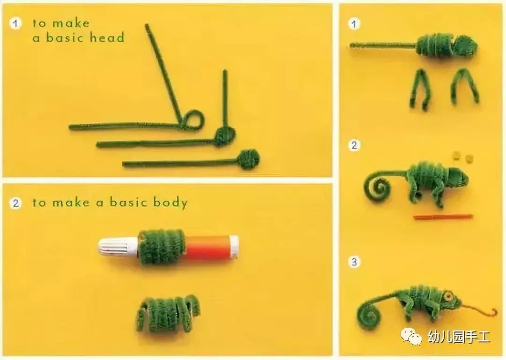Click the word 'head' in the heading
(107, 37)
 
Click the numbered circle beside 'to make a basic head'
(15, 23)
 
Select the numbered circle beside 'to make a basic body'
(15, 203)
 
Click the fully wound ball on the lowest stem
(248, 159)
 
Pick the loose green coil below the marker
(168, 315)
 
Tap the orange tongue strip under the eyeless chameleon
(443, 217)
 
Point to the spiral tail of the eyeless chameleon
(378, 187)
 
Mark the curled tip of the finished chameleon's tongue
(493, 312)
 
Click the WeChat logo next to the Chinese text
(411, 336)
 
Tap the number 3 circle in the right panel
(354, 262)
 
